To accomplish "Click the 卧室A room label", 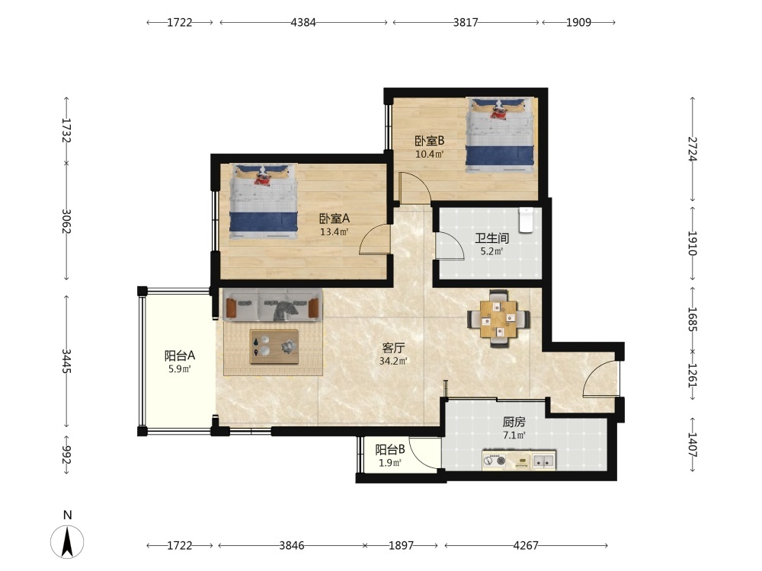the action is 335,219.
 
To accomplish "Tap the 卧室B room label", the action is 429,141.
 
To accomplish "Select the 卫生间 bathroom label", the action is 491,238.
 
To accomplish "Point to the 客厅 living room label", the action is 393,348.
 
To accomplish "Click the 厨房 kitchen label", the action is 514,422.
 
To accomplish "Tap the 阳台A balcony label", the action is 179,356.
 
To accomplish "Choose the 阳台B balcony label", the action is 389,450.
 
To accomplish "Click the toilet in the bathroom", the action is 526,220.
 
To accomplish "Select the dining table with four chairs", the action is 498,318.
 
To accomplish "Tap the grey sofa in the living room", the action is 273,305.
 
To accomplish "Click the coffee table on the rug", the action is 274,346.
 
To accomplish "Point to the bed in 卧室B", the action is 500,135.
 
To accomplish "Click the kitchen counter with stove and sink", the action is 518,461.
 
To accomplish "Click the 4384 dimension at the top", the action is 303,22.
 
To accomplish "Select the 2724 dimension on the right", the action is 693,149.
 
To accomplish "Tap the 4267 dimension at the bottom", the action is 526,546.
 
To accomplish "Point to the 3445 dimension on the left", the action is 66,361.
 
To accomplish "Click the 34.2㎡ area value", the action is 393,361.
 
